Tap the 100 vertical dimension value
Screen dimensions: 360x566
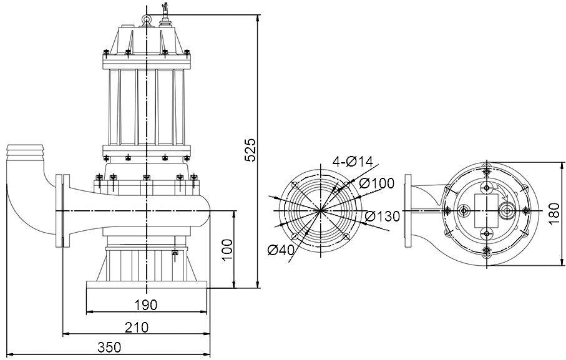(x=227, y=250)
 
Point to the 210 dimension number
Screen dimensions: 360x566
(x=136, y=327)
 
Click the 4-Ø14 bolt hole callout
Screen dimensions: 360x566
(x=353, y=162)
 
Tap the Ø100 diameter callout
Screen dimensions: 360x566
(x=378, y=183)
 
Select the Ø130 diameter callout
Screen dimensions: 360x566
(x=382, y=216)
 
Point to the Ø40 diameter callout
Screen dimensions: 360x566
(x=281, y=251)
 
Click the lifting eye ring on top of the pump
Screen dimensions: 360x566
(x=147, y=21)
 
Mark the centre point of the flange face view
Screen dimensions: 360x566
(x=321, y=211)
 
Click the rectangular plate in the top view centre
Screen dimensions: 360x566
(x=484, y=210)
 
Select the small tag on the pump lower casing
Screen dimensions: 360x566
(x=175, y=253)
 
